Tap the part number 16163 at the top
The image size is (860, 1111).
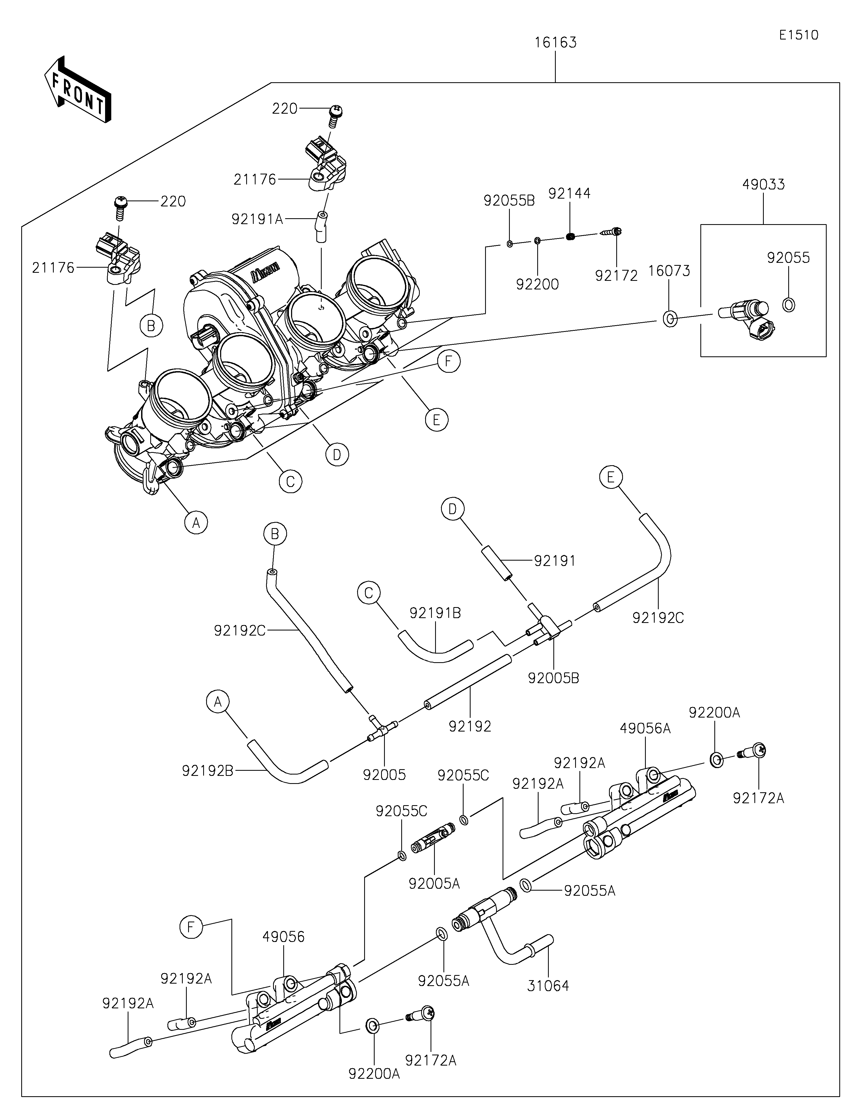pos(555,43)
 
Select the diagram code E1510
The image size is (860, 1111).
pos(798,35)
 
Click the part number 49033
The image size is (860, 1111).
pos(763,184)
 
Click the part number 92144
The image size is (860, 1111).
pos(569,193)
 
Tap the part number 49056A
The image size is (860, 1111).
pos(645,729)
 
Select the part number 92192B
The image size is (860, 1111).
pos(207,771)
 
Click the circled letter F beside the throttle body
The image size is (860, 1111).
pos(448,361)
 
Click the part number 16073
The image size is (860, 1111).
pos(669,271)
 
